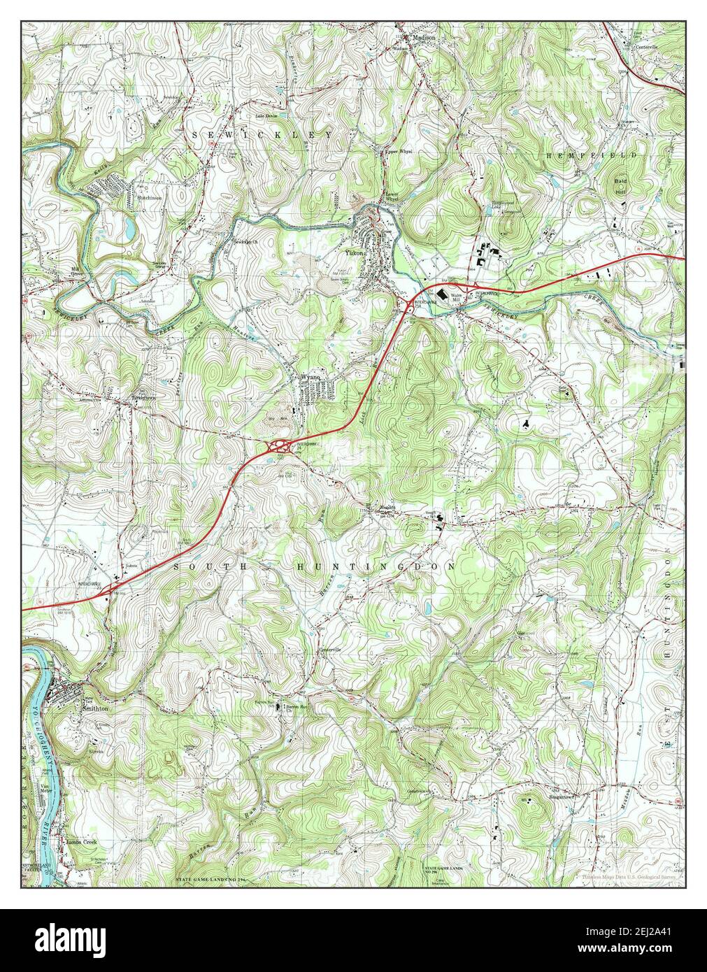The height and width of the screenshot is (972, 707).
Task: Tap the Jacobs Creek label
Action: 80,843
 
